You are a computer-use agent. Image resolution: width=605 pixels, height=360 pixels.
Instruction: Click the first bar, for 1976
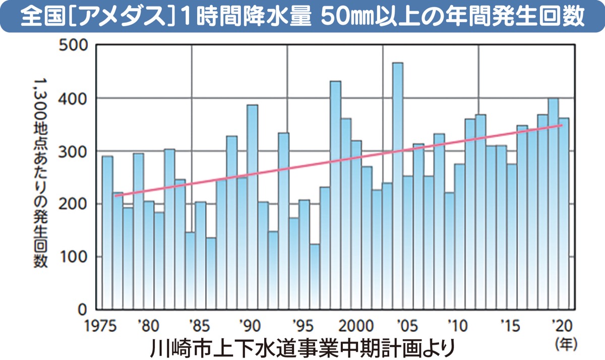coord(107,232)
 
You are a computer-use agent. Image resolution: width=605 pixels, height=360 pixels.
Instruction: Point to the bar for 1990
coord(252,207)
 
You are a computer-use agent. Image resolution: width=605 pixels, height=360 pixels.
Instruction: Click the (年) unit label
coord(566,344)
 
